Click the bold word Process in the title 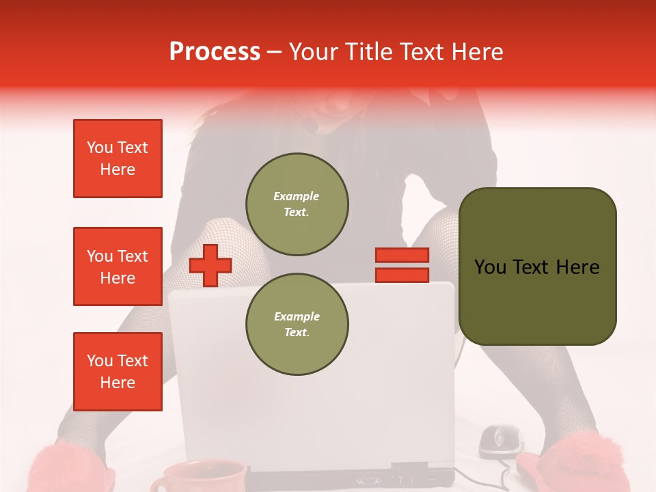(x=215, y=52)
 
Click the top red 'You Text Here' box (x=118, y=159)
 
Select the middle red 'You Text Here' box (x=118, y=266)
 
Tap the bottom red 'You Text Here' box (x=118, y=372)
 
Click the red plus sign (x=210, y=265)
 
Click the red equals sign (x=402, y=265)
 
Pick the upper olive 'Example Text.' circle (x=297, y=204)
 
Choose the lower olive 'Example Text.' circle (x=297, y=325)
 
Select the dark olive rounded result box (x=537, y=266)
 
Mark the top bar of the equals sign (x=402, y=255)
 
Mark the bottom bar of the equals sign (x=402, y=275)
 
